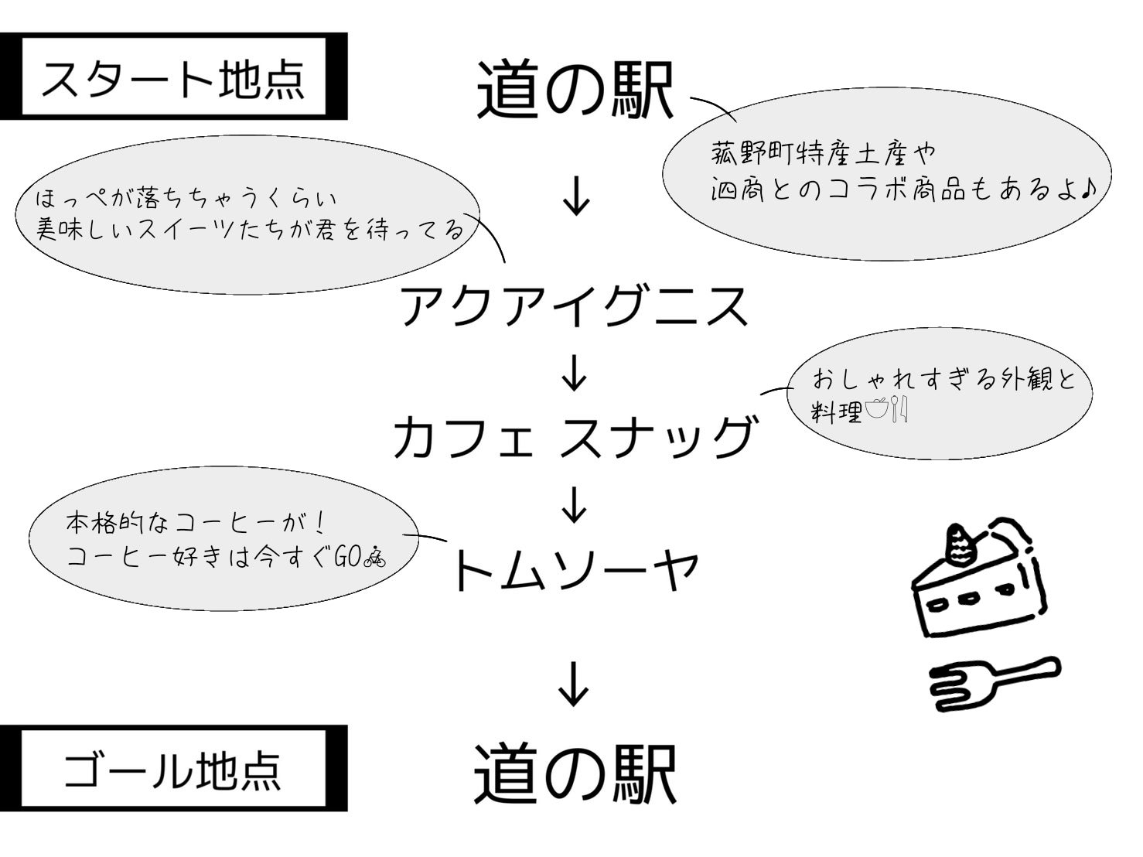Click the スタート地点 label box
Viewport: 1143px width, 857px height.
tap(173, 77)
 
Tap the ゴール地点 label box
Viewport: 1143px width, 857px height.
tap(173, 769)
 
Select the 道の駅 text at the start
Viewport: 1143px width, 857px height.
tap(575, 91)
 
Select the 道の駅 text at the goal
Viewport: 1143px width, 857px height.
tap(575, 773)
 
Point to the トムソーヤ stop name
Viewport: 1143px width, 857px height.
tap(574, 570)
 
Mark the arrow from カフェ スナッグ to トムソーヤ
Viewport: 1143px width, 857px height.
tap(574, 504)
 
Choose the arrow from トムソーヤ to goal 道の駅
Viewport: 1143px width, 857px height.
tap(574, 684)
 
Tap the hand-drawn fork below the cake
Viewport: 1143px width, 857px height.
tap(994, 680)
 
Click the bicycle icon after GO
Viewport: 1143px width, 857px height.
tap(374, 556)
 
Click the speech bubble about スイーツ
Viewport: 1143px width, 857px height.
tap(247, 217)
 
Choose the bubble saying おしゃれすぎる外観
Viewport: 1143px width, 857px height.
tap(940, 394)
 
